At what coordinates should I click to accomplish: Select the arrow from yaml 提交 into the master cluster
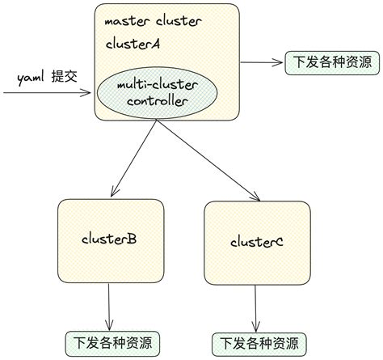pos(48,93)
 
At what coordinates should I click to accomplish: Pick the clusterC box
pos(257,241)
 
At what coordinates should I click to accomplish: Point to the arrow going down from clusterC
pos(257,307)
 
